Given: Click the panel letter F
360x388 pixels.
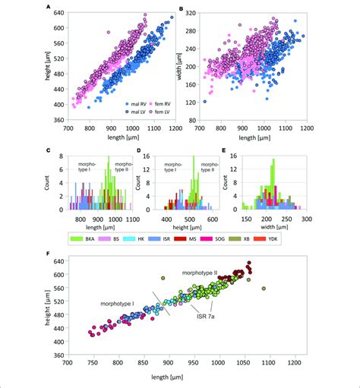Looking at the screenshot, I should [49, 254].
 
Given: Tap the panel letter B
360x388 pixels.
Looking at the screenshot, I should [181, 8].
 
